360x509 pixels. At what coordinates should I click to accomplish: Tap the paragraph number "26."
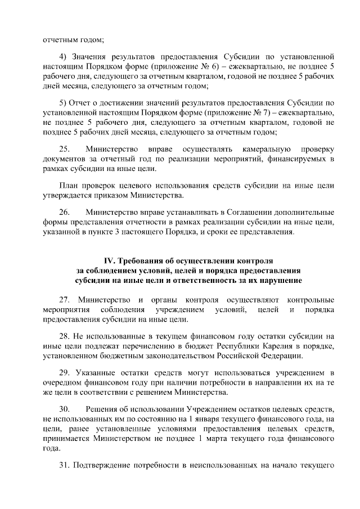pyautogui.click(x=66, y=212)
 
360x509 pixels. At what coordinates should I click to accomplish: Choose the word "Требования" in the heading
pyautogui.click(x=145, y=261)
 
